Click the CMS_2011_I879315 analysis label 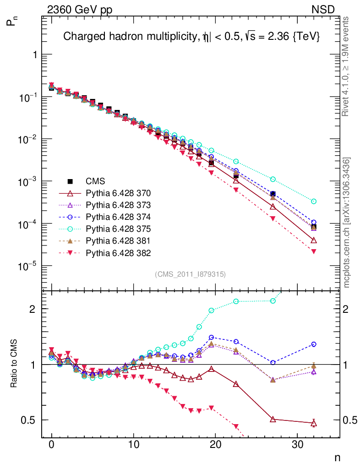coord(191,274)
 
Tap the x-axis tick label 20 coord(215,444)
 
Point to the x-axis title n coord(338,458)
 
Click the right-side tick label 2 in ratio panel coord(348,309)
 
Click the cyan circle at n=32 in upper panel coord(314,201)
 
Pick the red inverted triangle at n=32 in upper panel coord(314,251)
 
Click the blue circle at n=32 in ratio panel coord(314,344)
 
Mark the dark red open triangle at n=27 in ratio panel coord(273,419)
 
